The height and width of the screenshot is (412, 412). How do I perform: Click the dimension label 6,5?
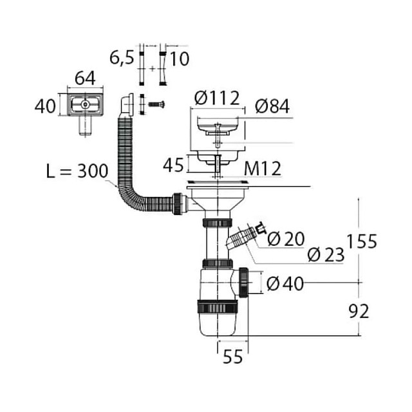[x=122, y=58]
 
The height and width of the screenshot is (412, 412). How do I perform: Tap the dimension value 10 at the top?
[x=180, y=59]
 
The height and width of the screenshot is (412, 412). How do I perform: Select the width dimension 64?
[x=85, y=78]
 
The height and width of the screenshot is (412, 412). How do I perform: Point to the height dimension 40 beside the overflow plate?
[x=45, y=106]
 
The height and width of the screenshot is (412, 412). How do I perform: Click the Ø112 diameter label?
[x=217, y=98]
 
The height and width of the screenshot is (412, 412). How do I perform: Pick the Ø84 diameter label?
[x=272, y=106]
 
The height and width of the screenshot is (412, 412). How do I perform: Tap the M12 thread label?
[x=263, y=169]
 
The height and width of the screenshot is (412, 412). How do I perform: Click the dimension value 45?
[x=173, y=165]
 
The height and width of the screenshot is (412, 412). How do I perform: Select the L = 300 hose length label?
[x=77, y=171]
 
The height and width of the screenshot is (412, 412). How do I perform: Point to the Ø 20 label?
[x=286, y=239]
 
